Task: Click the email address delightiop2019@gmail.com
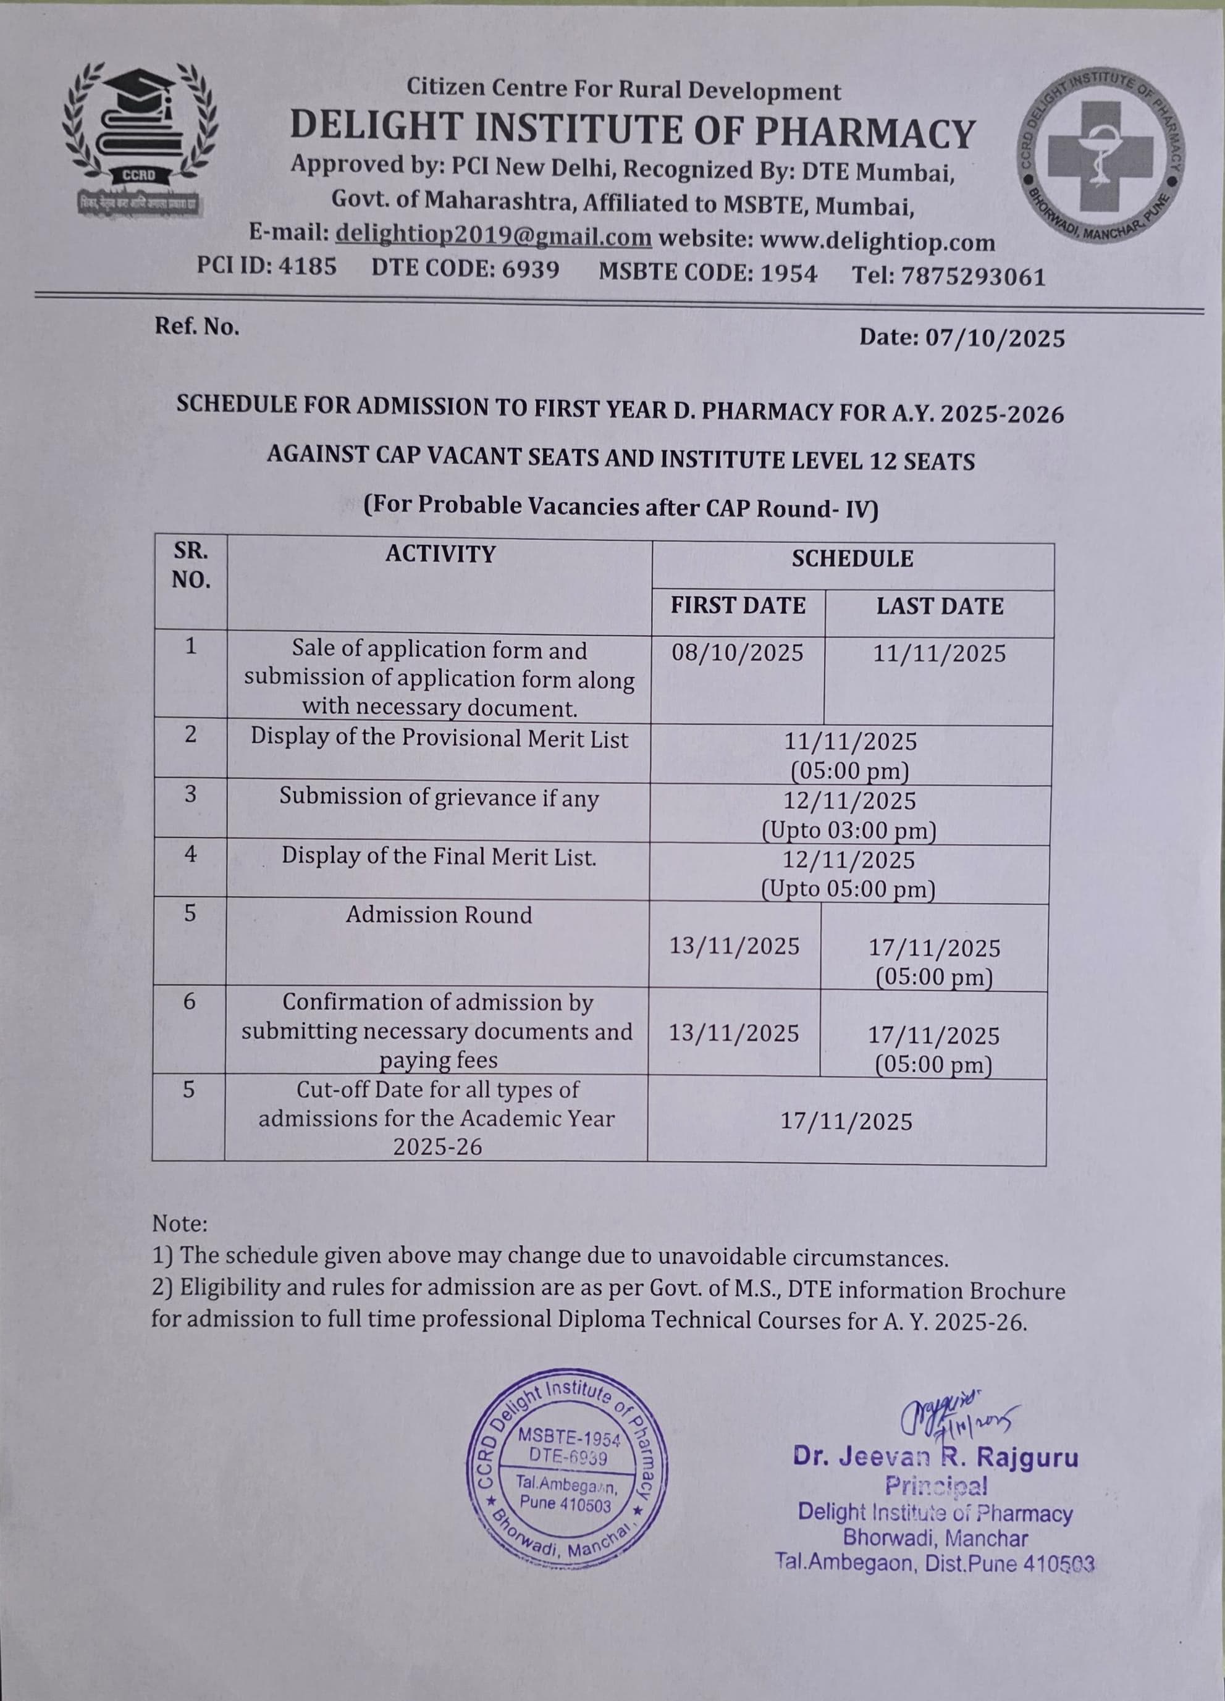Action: [493, 237]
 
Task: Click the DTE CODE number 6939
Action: [531, 269]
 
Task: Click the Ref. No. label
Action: [196, 326]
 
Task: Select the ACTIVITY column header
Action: [440, 554]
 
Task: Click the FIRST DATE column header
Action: [738, 605]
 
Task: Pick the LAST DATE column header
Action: [939, 606]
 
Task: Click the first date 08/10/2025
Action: [738, 652]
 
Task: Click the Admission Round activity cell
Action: [439, 915]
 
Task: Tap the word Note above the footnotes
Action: [179, 1224]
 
